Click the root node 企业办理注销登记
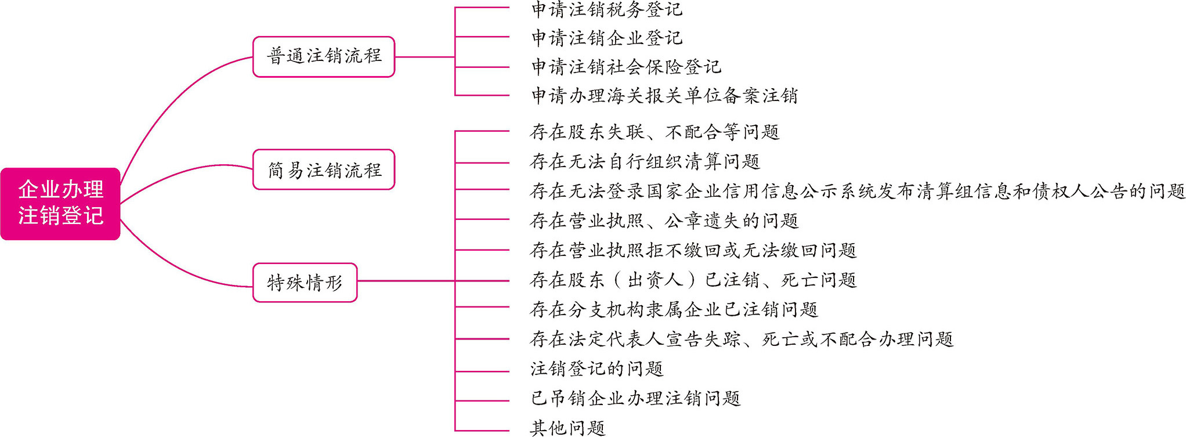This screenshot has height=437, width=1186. pyautogui.click(x=60, y=203)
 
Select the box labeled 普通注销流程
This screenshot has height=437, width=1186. pyautogui.click(x=324, y=56)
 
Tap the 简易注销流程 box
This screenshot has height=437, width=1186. pyautogui.click(x=324, y=169)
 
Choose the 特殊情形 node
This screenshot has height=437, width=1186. pyautogui.click(x=305, y=283)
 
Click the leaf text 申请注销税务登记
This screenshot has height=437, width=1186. pyautogui.click(x=607, y=9)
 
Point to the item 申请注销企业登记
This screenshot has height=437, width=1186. pyautogui.click(x=607, y=38)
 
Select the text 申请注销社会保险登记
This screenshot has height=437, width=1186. pyautogui.click(x=626, y=67)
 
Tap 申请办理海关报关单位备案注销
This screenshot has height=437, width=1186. pyautogui.click(x=664, y=96)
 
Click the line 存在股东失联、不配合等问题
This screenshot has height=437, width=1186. pyautogui.click(x=655, y=132)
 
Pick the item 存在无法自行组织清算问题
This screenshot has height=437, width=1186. pyautogui.click(x=645, y=161)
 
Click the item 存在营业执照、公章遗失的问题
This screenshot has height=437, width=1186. pyautogui.click(x=664, y=221)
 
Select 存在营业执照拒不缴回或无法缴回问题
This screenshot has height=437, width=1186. pyautogui.click(x=693, y=250)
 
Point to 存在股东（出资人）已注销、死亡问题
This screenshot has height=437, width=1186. pyautogui.click(x=693, y=280)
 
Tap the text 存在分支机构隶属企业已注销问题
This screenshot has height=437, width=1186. pyautogui.click(x=674, y=309)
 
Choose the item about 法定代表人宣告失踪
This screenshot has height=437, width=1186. pyautogui.click(x=741, y=339)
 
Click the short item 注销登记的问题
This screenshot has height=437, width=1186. pyautogui.click(x=596, y=369)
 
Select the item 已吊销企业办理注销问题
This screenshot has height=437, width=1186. pyautogui.click(x=635, y=398)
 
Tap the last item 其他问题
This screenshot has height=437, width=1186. pyautogui.click(x=567, y=428)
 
